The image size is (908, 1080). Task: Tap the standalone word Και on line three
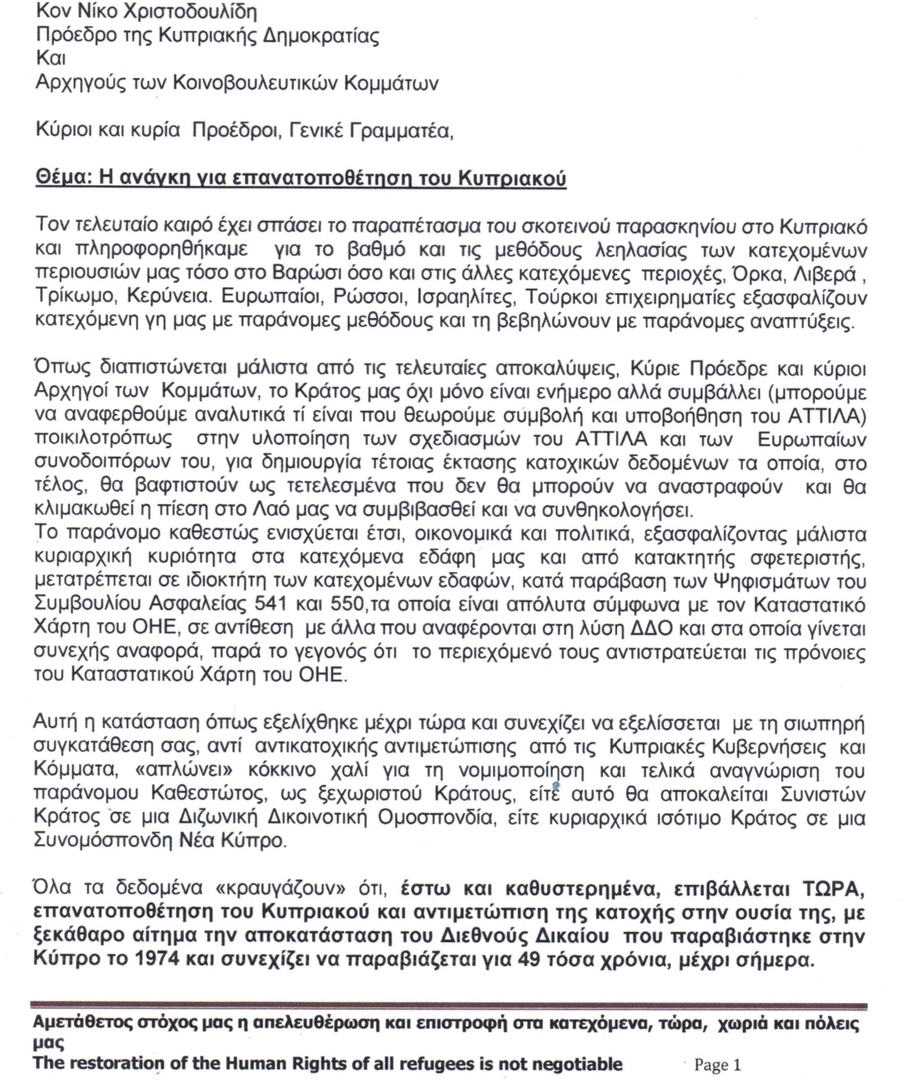pos(50,58)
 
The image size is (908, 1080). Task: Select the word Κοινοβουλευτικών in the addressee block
pos(256,83)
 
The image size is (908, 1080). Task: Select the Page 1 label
pos(717,1065)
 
